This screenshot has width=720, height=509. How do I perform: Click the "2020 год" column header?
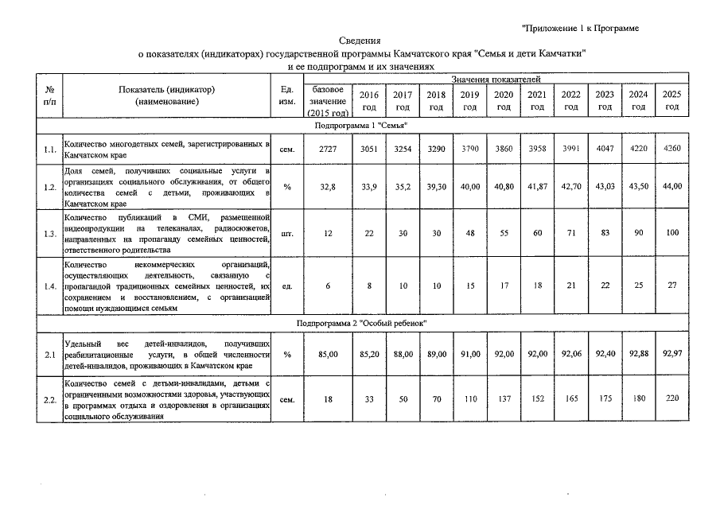tap(503, 100)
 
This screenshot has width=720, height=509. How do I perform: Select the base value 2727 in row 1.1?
tap(327, 149)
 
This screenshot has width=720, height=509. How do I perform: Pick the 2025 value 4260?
tap(672, 149)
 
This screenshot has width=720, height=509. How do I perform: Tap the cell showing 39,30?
tap(436, 187)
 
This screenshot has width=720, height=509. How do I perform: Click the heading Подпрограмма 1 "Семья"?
tap(361, 126)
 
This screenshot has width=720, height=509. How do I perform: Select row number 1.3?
tap(49, 234)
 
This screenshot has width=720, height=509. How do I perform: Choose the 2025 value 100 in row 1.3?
tap(672, 234)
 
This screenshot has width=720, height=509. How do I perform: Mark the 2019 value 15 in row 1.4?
tap(469, 286)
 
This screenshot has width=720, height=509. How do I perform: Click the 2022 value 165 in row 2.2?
tap(570, 399)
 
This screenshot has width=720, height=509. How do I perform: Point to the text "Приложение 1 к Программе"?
tap(581, 29)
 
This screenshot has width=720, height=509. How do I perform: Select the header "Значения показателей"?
tap(496, 80)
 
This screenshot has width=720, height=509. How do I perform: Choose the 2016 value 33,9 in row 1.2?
tap(369, 187)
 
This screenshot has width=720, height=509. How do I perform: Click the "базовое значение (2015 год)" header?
tap(327, 101)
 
